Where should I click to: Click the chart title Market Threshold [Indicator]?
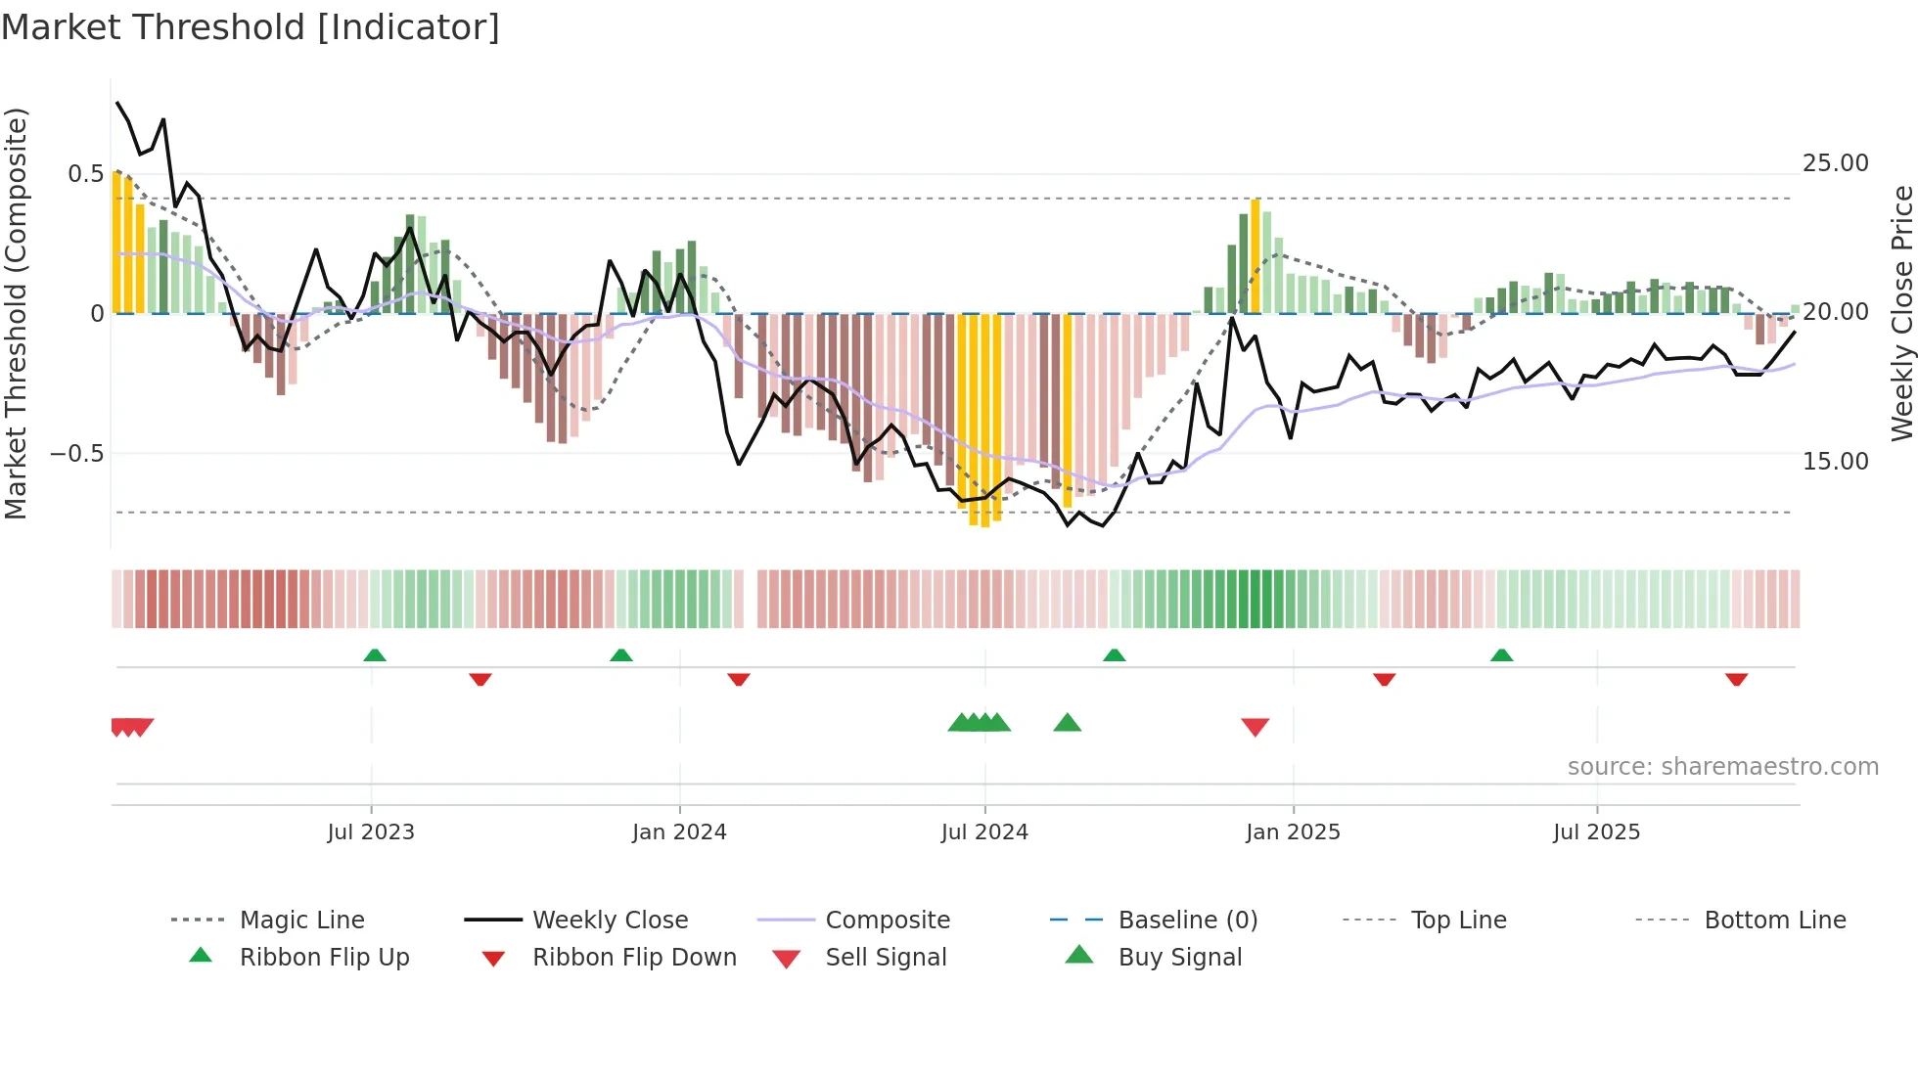coord(251,27)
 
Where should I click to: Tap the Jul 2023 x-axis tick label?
coord(371,832)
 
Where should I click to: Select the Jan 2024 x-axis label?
coord(679,832)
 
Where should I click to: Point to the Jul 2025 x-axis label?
coord(1596,832)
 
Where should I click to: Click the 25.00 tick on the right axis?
coord(1835,163)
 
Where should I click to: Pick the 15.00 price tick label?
coord(1835,462)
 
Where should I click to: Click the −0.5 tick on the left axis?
coord(77,454)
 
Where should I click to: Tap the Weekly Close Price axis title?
coord(1901,313)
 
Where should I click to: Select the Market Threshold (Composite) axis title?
coord(16,313)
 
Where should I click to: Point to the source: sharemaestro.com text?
coord(1722,767)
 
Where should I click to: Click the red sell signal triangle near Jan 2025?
coord(1255,726)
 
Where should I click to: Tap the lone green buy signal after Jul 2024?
coord(1067,723)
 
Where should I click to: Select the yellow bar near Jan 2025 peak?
coord(1256,256)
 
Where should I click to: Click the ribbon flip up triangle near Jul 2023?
coord(375,655)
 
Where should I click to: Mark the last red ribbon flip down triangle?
coord(1736,679)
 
